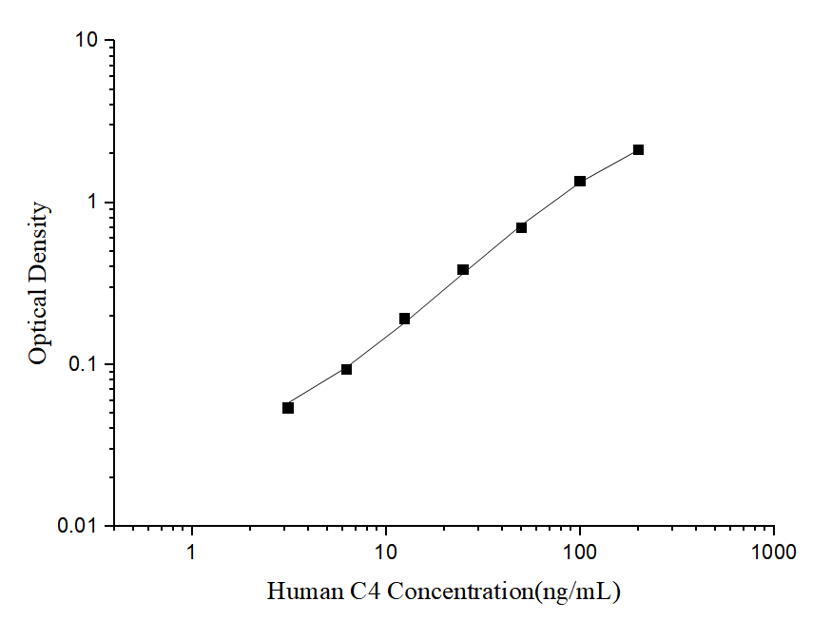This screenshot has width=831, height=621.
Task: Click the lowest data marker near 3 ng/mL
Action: coord(288,408)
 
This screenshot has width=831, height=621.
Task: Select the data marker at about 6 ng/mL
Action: coord(346,369)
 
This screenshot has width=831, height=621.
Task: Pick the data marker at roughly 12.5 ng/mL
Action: coord(404,319)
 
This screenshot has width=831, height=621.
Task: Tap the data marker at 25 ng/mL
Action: coord(463,270)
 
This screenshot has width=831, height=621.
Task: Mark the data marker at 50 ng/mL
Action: coord(521,227)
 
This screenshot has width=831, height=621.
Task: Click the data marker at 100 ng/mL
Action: coord(580,181)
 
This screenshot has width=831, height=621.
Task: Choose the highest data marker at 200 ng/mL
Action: coord(638,149)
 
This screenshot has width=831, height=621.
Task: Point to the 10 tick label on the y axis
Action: coord(88,41)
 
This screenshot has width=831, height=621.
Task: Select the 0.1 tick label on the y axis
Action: coord(86,364)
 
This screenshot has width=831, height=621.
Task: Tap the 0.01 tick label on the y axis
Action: coord(81,526)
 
